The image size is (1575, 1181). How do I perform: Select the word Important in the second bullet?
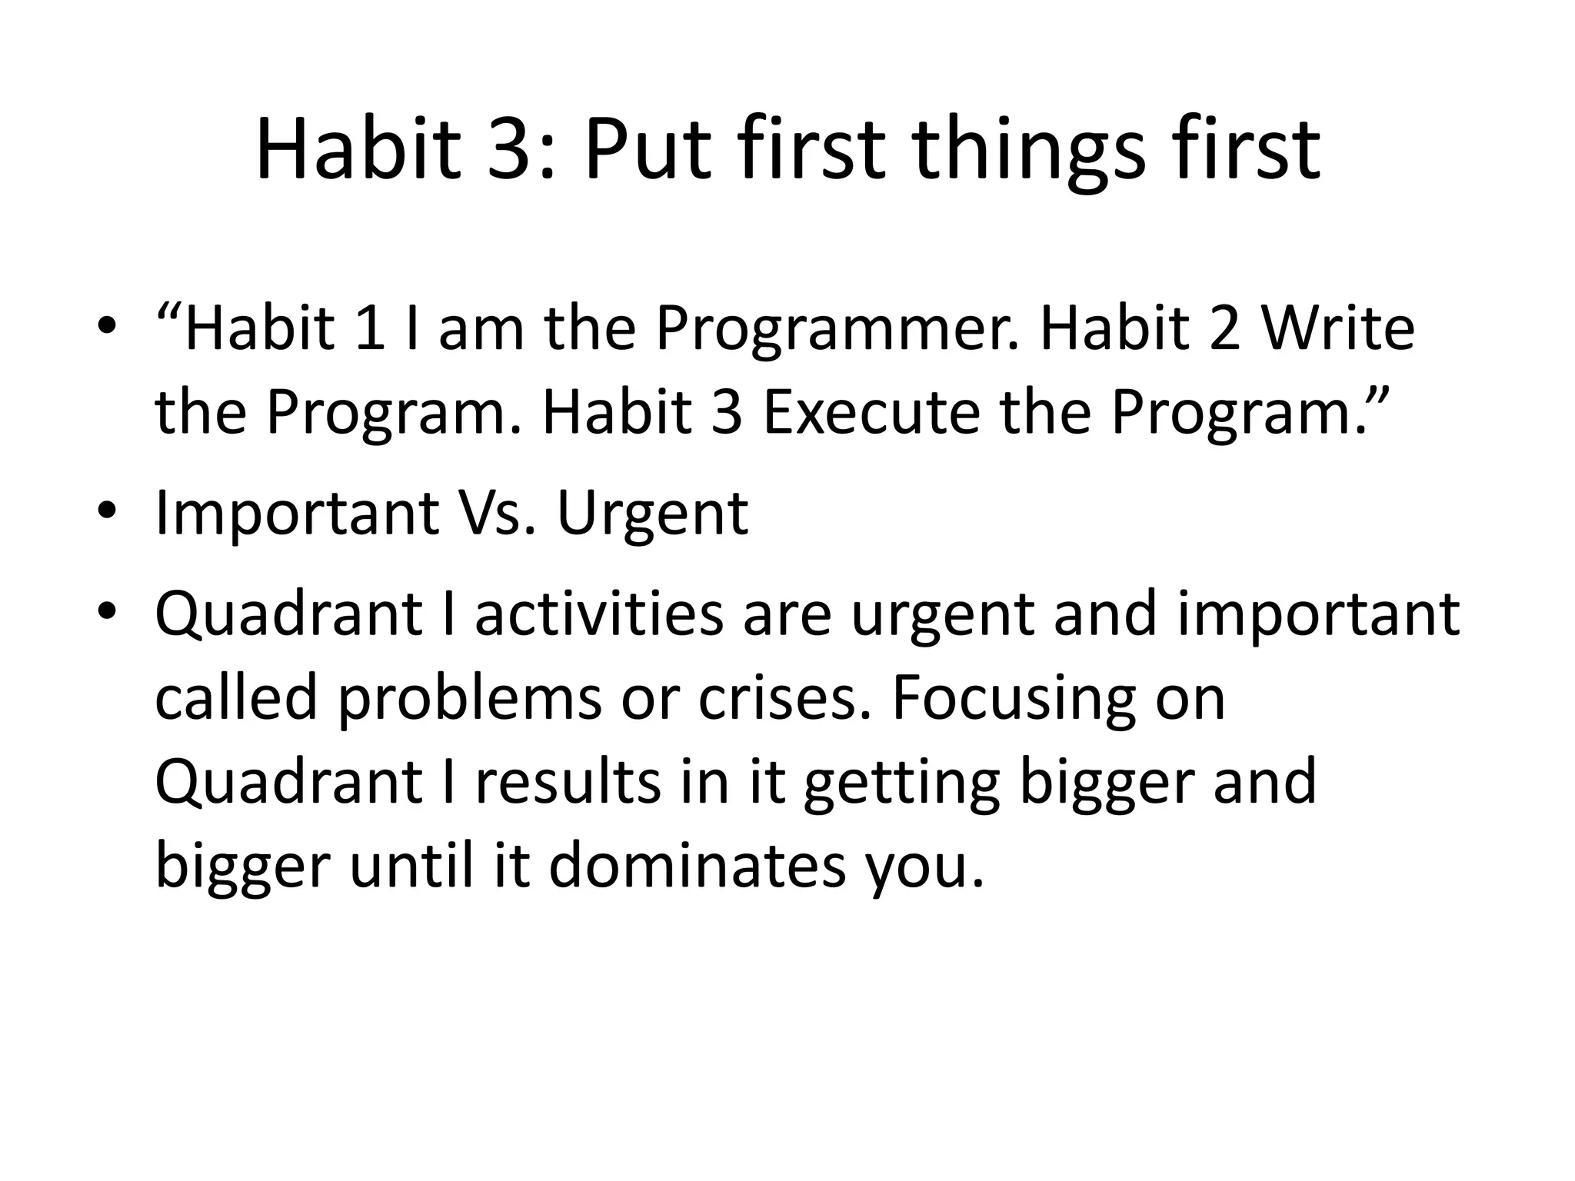(x=296, y=514)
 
